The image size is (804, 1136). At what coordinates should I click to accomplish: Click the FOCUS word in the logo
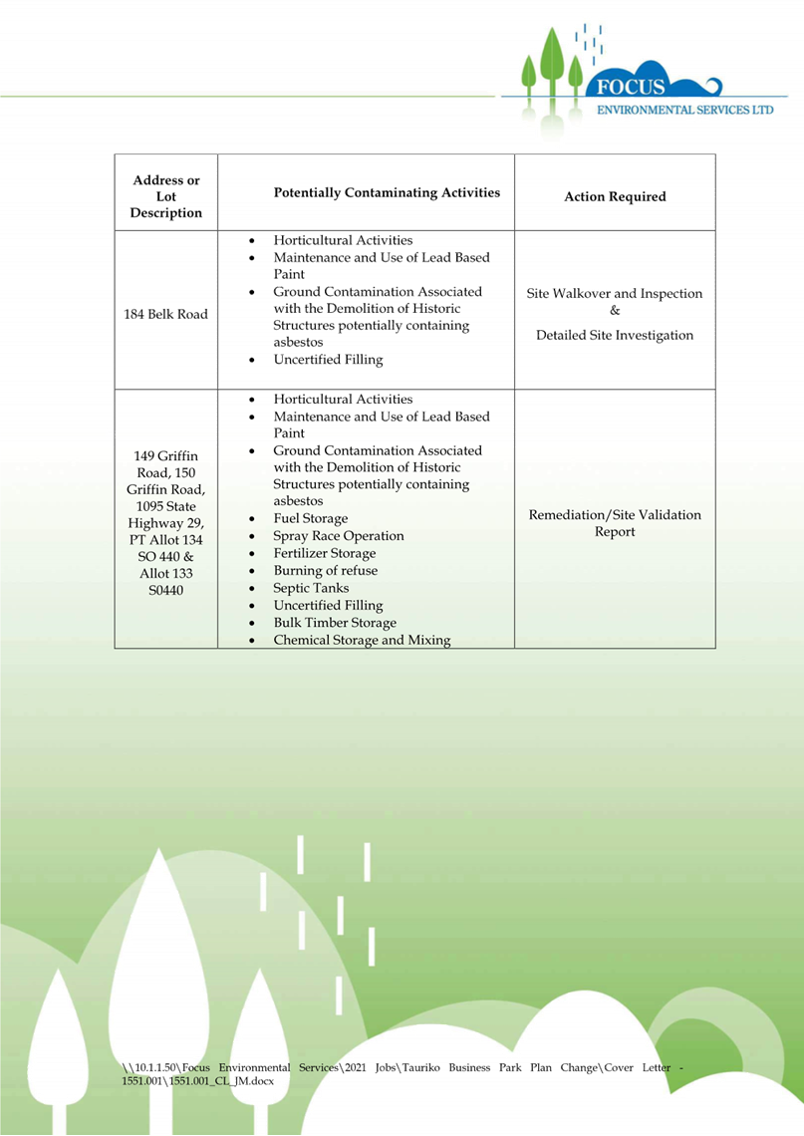(x=630, y=88)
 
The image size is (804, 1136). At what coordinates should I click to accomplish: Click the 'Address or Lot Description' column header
(x=166, y=196)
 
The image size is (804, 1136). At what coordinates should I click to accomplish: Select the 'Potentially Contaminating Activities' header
(x=387, y=192)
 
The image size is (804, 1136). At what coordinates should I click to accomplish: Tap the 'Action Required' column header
(x=615, y=196)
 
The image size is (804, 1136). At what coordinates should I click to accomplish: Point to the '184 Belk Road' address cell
(x=166, y=315)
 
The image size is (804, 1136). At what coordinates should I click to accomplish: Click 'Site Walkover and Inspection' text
(x=615, y=294)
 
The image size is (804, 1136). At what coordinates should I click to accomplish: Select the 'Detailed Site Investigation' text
(x=615, y=336)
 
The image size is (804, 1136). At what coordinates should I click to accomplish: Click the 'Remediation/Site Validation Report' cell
(x=615, y=523)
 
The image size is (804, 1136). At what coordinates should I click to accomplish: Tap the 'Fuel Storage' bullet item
(x=311, y=518)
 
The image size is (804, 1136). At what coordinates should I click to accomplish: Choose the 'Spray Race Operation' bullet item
(x=339, y=536)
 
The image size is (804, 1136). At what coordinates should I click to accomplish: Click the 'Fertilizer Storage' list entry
(x=325, y=553)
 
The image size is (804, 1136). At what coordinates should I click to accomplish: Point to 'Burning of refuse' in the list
(x=325, y=571)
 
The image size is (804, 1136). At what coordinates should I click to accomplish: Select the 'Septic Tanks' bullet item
(x=311, y=588)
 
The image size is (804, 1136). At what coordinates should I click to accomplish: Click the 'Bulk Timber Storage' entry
(x=335, y=623)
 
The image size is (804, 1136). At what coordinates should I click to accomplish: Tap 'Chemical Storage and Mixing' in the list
(x=362, y=640)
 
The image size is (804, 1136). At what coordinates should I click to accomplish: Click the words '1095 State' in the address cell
(x=166, y=506)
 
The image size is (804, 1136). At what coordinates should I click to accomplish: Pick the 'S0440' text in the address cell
(x=166, y=591)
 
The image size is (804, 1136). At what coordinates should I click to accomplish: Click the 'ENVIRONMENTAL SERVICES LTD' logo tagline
(x=684, y=110)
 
